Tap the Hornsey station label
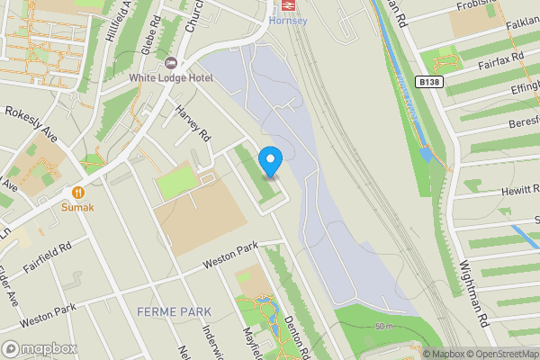[x=288, y=20]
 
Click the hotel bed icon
[x=171, y=63]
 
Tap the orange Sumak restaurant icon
[x=78, y=191]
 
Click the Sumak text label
[x=77, y=206]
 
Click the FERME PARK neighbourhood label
[x=174, y=311]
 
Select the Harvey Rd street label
[x=193, y=124]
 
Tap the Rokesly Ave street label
[x=31, y=125]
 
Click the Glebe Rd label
[x=150, y=35]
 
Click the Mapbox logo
[x=39, y=348]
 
